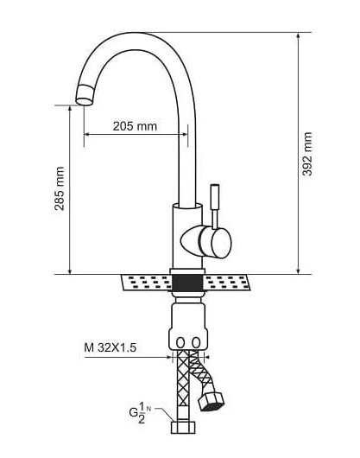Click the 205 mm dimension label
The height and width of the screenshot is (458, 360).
pos(135,126)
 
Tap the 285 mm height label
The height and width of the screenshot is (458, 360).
pos(60,188)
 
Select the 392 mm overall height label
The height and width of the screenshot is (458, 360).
pos(306,154)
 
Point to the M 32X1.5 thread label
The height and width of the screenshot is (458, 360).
pos(110,347)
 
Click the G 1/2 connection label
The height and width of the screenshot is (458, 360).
pos(140,412)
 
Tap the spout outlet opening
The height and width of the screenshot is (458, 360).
pos(84,101)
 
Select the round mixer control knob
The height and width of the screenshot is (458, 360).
pos(220,243)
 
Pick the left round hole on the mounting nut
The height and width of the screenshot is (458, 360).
pos(181,342)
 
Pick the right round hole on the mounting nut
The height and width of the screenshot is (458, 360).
pos(196,342)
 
